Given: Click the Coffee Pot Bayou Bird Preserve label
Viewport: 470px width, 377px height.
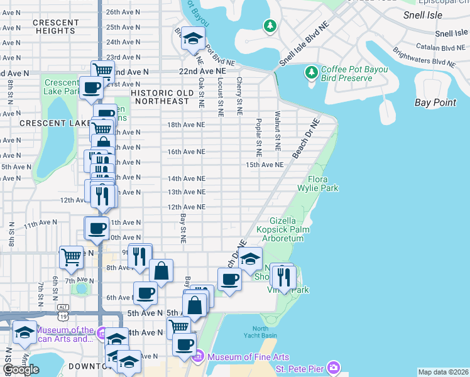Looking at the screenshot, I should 346,74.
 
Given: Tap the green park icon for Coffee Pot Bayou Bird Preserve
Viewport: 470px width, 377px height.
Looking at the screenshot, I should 311,74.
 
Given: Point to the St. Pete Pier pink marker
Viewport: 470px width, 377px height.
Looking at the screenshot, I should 332,366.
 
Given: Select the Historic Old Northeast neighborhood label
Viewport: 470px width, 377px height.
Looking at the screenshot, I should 160,97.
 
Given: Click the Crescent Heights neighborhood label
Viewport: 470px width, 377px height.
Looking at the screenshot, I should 56,26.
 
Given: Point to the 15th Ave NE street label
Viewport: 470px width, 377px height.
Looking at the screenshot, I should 264,165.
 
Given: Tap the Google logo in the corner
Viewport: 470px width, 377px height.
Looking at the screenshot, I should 21,369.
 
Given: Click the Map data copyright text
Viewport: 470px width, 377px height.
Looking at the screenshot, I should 443,372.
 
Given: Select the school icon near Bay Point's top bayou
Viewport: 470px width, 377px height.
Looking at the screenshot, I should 194,38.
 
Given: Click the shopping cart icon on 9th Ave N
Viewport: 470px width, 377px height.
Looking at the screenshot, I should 71,256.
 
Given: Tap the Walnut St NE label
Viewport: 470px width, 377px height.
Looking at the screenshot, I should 277,131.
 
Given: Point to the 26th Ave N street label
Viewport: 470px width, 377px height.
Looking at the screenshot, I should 123,12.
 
